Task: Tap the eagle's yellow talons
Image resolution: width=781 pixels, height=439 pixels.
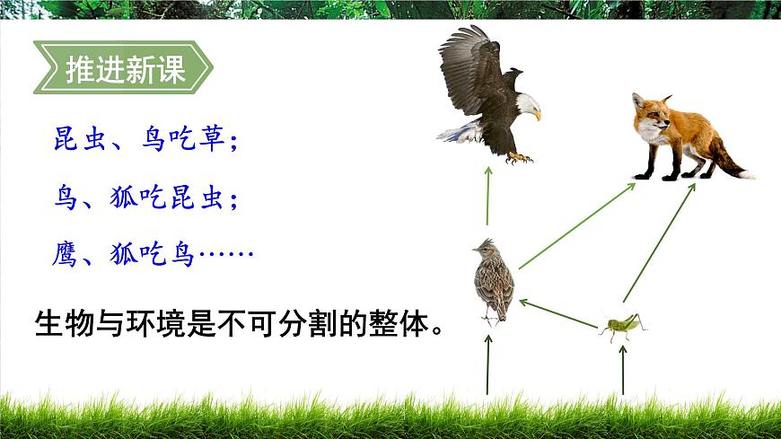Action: click(x=518, y=158)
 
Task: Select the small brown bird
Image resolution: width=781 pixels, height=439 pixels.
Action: click(x=492, y=280)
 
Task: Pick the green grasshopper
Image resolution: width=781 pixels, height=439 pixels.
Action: click(x=623, y=325)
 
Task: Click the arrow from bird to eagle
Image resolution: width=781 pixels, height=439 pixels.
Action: click(x=487, y=196)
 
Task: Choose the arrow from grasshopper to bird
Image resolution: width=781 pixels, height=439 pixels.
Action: click(x=558, y=313)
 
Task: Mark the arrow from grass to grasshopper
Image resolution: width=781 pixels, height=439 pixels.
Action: click(x=623, y=368)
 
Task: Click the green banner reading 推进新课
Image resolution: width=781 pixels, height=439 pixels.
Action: click(x=124, y=69)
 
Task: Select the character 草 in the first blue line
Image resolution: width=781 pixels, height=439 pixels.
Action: click(x=210, y=140)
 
